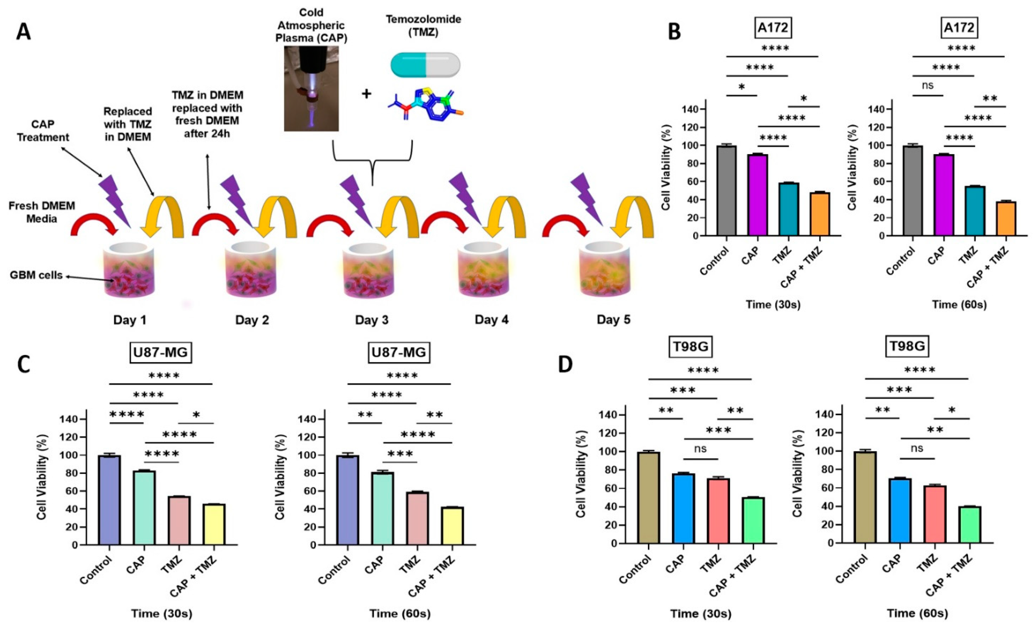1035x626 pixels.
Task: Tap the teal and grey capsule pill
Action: click(425, 65)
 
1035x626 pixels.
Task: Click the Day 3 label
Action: click(372, 320)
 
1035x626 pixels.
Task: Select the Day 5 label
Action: click(613, 320)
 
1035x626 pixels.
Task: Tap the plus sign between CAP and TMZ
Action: click(366, 93)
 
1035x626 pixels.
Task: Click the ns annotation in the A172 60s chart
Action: click(927, 85)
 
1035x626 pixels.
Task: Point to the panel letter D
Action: click(565, 364)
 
